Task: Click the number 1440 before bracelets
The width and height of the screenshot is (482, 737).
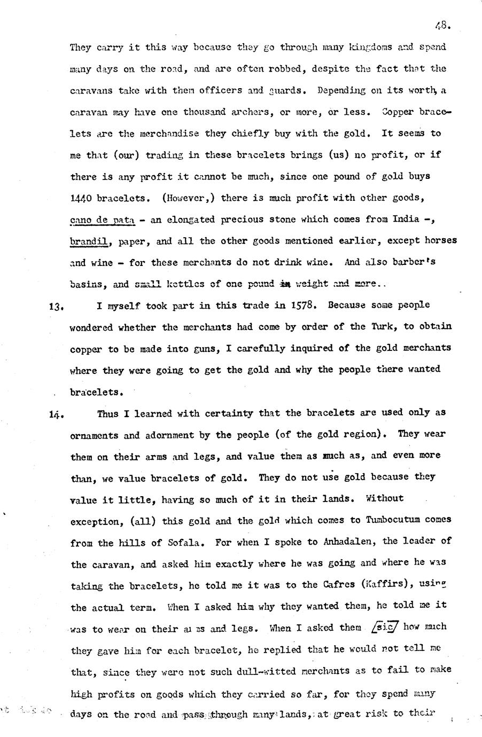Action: point(83,198)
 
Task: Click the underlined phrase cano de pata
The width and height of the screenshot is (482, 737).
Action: point(102,219)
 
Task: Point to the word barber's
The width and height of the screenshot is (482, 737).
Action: point(432,262)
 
